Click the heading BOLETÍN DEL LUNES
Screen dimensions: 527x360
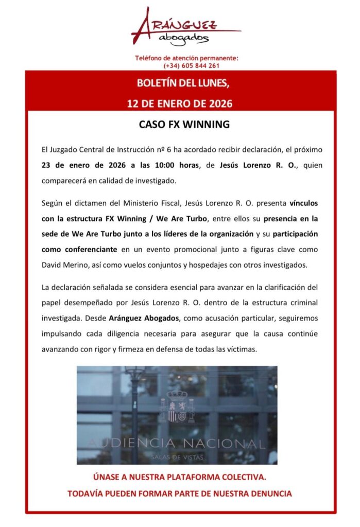(180, 83)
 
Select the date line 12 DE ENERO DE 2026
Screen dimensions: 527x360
(180, 103)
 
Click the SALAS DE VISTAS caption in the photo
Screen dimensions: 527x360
(177, 455)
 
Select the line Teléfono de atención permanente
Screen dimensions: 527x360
(186, 59)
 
